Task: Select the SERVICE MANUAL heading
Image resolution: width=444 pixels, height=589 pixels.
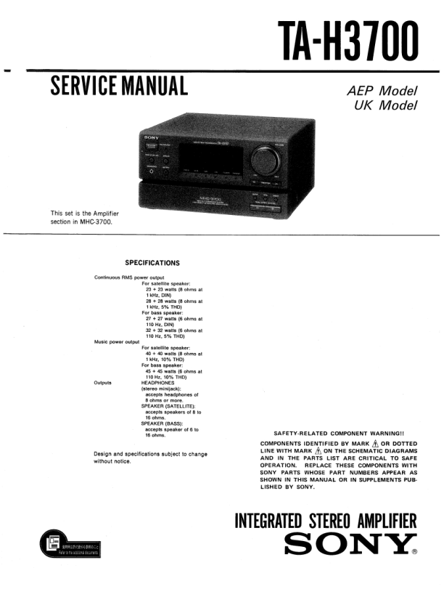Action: [119, 86]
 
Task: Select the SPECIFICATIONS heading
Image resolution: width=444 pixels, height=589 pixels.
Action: [152, 263]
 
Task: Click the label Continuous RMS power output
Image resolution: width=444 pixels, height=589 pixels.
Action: [129, 277]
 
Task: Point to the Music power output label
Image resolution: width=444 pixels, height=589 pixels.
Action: [116, 341]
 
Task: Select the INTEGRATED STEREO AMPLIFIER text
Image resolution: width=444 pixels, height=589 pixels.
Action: [326, 521]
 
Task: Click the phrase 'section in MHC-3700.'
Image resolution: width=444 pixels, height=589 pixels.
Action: [81, 222]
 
